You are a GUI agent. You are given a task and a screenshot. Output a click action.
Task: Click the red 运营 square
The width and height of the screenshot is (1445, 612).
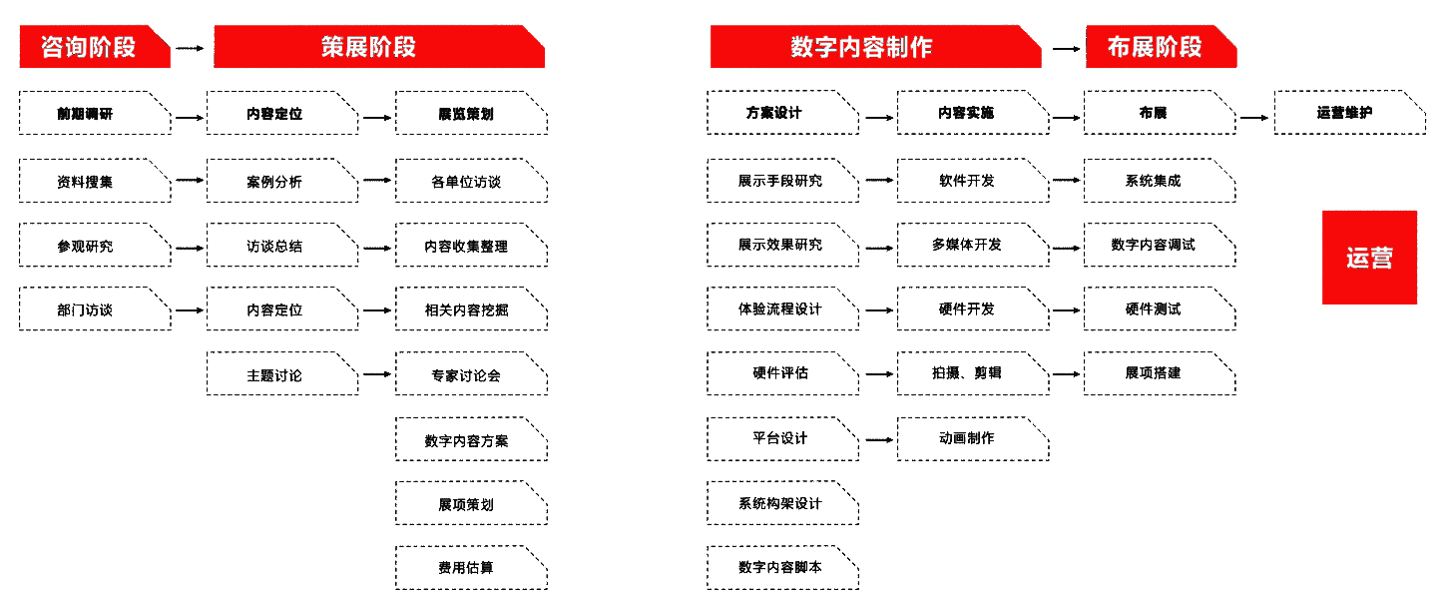pos(1369,258)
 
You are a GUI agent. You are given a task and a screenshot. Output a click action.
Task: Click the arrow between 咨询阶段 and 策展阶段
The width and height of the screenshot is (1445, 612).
pos(191,47)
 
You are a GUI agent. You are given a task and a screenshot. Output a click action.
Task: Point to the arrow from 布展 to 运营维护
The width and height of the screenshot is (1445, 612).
pos(1254,118)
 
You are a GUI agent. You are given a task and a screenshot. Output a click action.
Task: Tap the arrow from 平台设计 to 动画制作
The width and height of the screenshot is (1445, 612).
pos(878,439)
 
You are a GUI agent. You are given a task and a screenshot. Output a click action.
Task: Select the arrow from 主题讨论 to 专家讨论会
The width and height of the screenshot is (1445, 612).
pos(376,375)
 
